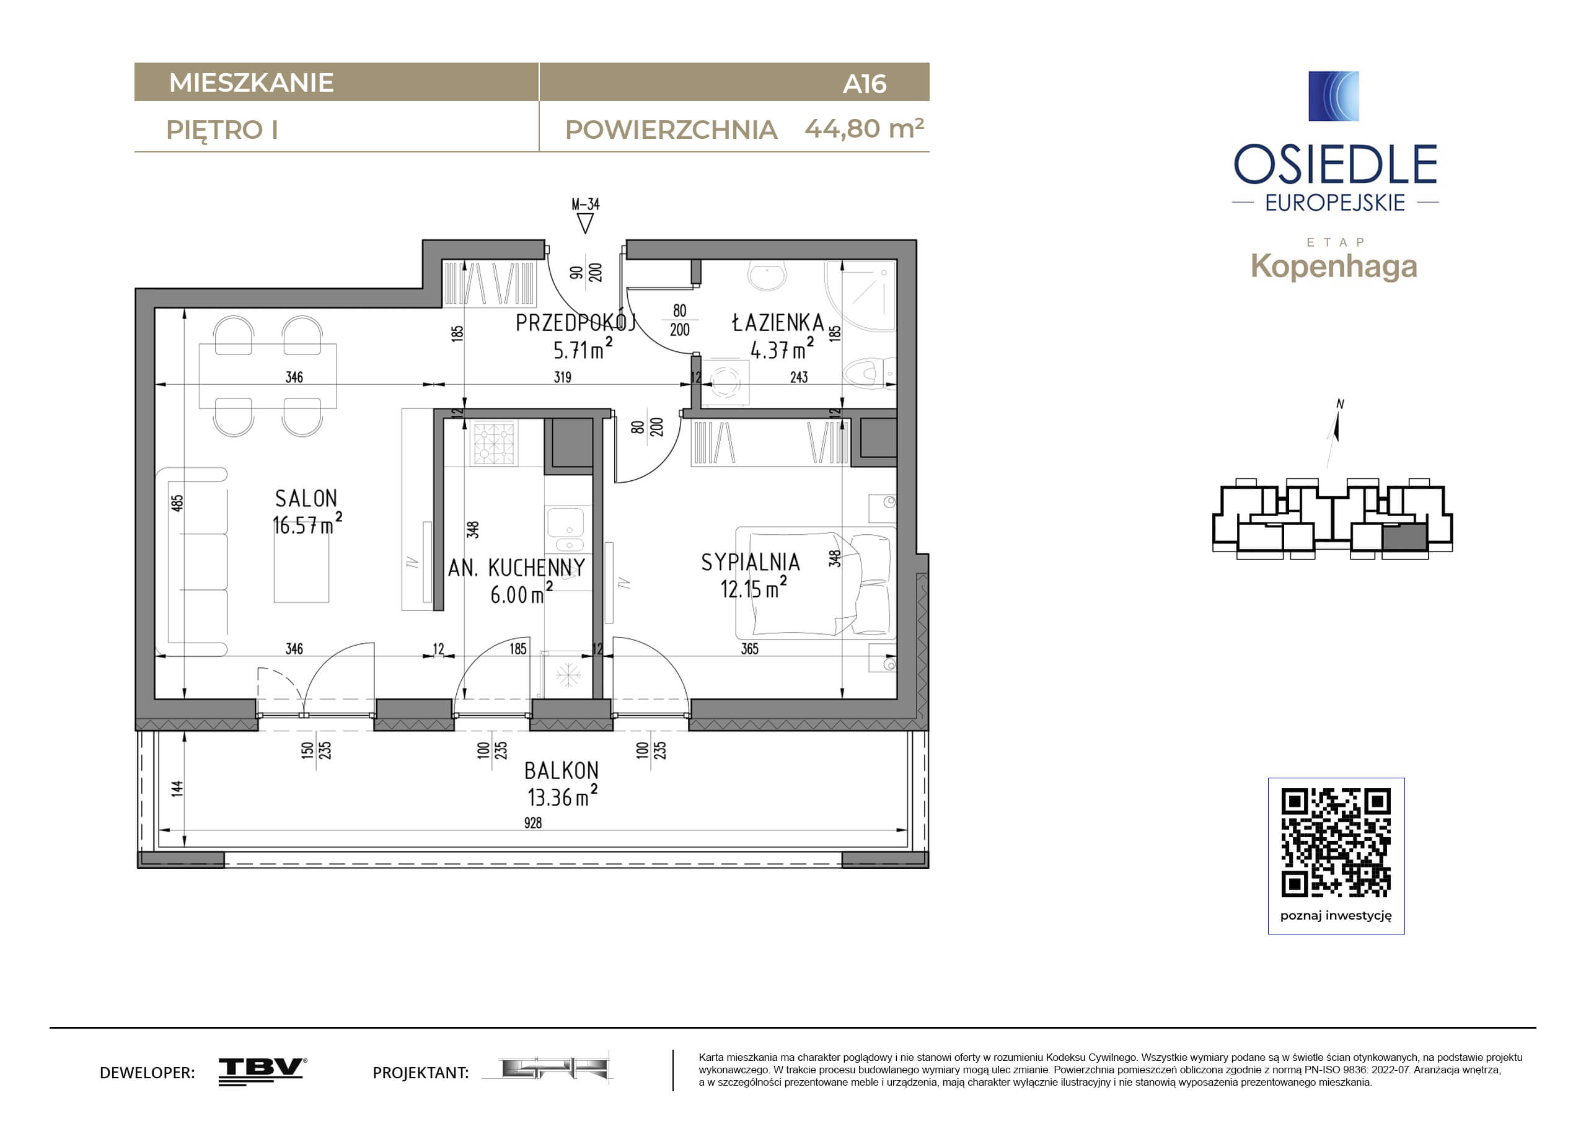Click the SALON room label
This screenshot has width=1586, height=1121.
point(306,498)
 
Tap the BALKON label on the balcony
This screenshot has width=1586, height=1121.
point(561,770)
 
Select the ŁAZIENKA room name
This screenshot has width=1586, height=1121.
point(778,323)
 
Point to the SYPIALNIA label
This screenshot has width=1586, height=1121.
point(751,562)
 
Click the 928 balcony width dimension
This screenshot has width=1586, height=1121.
point(532,822)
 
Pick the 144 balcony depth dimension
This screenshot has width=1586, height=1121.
point(177,788)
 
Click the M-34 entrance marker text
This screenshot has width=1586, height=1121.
point(585,204)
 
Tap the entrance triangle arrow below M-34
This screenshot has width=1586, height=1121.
point(585,223)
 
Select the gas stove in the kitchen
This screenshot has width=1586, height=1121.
point(494,442)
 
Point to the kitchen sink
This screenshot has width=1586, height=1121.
point(569,529)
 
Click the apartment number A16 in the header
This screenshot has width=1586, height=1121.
point(864,84)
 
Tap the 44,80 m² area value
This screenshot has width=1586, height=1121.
point(864,128)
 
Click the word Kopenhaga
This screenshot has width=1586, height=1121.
point(1333,266)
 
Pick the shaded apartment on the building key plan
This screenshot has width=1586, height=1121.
point(1404,537)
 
